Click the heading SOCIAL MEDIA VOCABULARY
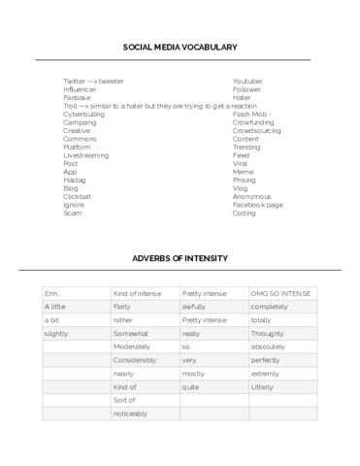click(x=180, y=47)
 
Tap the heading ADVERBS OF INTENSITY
click(x=180, y=258)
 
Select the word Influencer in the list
click(x=81, y=88)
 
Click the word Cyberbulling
click(x=84, y=114)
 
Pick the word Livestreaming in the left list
click(x=86, y=155)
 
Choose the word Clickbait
click(x=79, y=196)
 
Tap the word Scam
click(x=73, y=213)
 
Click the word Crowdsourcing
click(x=257, y=130)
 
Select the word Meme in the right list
click(x=243, y=172)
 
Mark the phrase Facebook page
click(x=258, y=205)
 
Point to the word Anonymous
click(x=252, y=196)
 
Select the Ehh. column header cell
click(x=53, y=292)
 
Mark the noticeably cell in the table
click(x=130, y=414)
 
